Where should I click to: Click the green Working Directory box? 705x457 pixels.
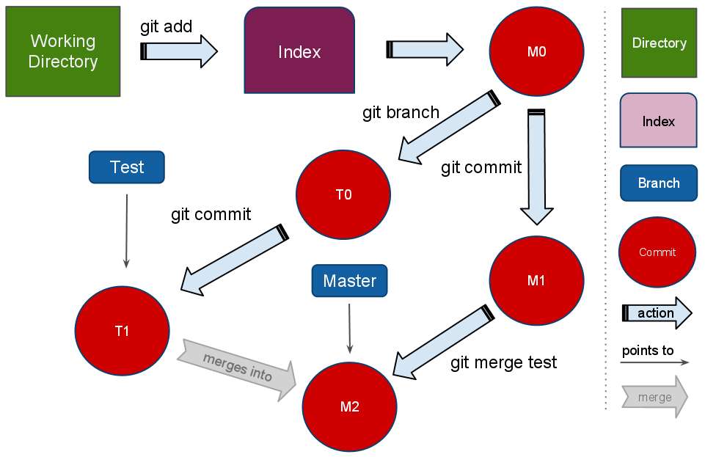(62, 51)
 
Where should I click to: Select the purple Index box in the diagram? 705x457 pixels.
(299, 51)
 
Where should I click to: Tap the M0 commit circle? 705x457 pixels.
(536, 51)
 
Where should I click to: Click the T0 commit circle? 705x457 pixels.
(343, 195)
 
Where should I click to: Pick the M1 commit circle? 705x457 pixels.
(536, 280)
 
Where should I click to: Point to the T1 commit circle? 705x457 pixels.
(122, 331)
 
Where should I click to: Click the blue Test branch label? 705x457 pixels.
(126, 167)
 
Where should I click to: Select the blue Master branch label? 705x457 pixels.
(349, 281)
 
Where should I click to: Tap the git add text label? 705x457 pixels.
(166, 27)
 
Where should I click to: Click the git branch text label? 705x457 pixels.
(401, 112)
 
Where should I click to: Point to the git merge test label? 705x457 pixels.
(503, 362)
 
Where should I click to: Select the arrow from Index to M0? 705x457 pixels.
(424, 50)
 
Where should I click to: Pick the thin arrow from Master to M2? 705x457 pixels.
(350, 327)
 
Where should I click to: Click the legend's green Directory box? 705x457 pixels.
(659, 43)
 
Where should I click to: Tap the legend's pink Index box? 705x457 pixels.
(658, 121)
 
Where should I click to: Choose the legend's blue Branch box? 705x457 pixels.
(658, 183)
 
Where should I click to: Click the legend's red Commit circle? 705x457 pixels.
(657, 252)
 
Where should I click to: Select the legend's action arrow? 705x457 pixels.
(657, 313)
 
